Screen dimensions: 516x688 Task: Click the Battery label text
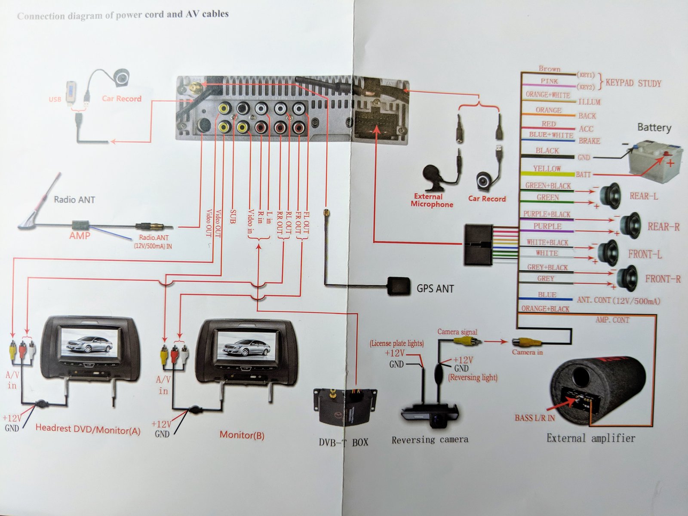point(654,127)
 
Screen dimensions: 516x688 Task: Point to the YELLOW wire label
point(547,169)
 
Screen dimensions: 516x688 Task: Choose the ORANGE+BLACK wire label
point(545,309)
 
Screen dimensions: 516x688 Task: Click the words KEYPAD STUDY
point(633,83)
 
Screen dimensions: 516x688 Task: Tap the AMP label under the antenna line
point(80,236)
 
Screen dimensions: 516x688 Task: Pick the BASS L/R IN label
point(534,418)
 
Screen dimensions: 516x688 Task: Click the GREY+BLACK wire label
point(547,267)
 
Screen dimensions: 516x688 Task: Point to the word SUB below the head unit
point(233,216)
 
